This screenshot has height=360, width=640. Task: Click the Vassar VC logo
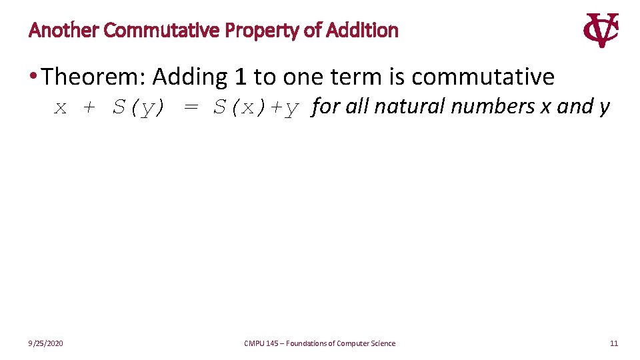tap(601, 30)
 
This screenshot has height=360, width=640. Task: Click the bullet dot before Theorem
tap(33, 77)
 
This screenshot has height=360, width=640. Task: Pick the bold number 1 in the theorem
tap(241, 77)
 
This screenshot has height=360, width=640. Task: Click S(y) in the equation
tap(138, 108)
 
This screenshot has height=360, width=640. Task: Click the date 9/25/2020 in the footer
tap(46, 343)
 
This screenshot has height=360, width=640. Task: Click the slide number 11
tap(614, 343)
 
